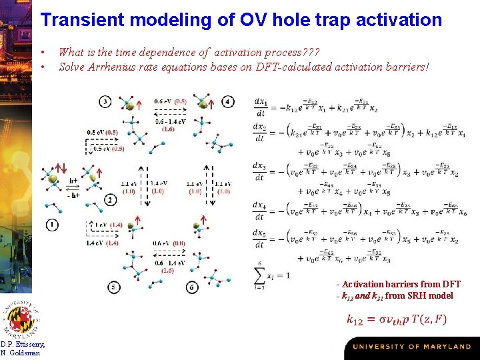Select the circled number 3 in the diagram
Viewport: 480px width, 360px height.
[105, 101]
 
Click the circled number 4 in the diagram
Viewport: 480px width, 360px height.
[229, 101]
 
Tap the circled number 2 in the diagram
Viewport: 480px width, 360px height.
[109, 199]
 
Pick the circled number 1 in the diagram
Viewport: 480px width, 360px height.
[52, 225]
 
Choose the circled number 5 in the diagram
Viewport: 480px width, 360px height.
[114, 287]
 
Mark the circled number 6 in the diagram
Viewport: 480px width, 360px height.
[192, 287]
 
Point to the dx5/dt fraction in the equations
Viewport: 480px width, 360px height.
[260, 238]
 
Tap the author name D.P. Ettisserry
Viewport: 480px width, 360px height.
[23, 344]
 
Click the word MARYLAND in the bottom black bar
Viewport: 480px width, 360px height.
[448, 347]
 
